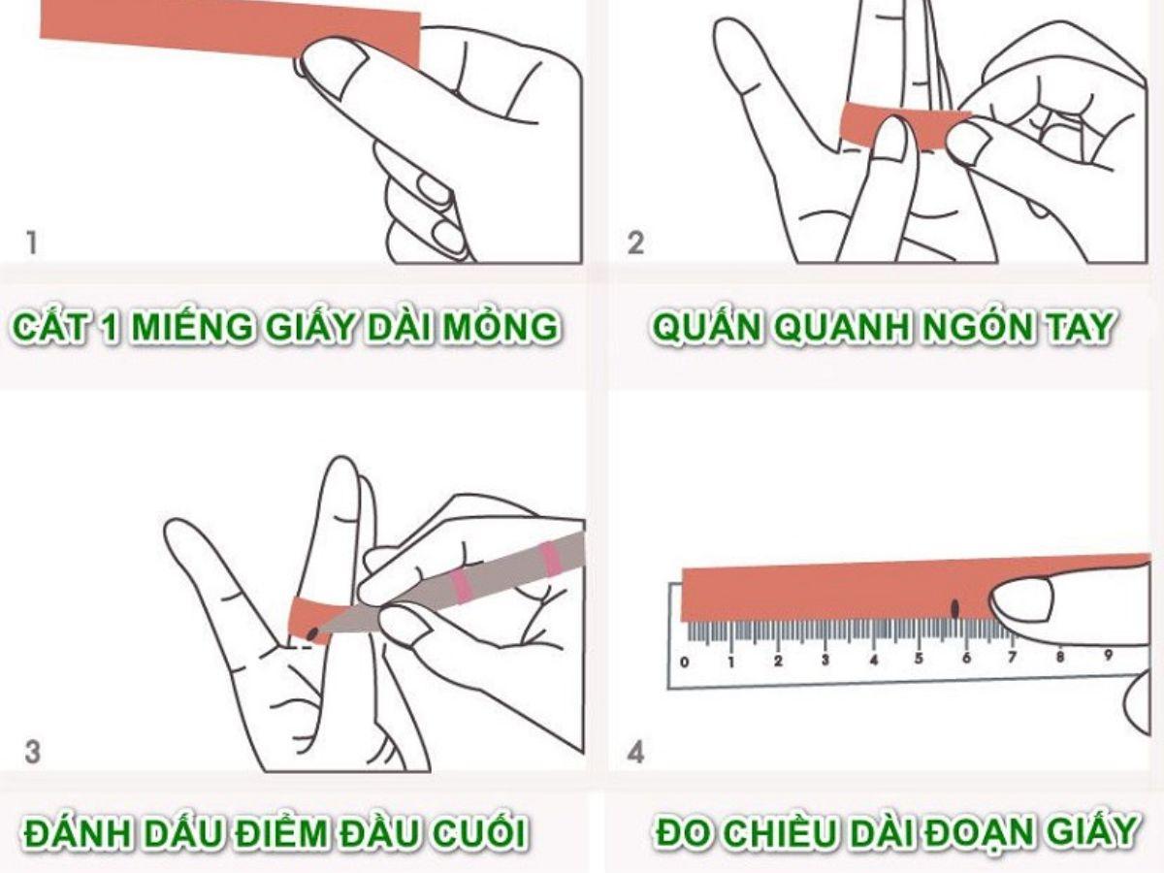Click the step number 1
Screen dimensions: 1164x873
click(32, 242)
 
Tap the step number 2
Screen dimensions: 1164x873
click(635, 242)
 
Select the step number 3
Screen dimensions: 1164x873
click(32, 753)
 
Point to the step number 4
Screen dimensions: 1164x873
click(635, 753)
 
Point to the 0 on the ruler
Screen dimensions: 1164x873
click(685, 663)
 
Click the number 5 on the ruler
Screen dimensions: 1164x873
click(919, 659)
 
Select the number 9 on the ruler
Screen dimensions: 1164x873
click(1108, 656)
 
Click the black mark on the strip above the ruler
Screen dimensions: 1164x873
click(954, 608)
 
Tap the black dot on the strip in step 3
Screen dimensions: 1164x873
click(312, 632)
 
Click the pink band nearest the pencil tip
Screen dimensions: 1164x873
click(461, 587)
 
